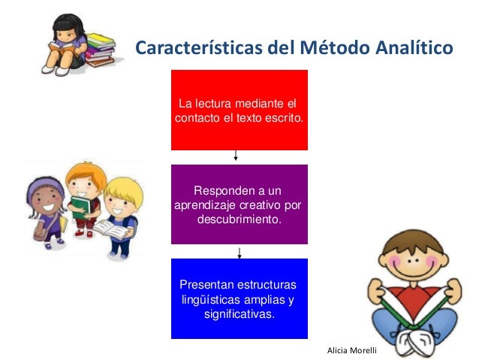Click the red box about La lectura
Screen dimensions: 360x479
pyautogui.click(x=239, y=110)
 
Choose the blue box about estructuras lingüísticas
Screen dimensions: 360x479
pyautogui.click(x=239, y=298)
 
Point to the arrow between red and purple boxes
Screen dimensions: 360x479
pyautogui.click(x=236, y=156)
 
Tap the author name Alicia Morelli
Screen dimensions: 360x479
pyautogui.click(x=351, y=351)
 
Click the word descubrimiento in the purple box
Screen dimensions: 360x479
pyautogui.click(x=239, y=219)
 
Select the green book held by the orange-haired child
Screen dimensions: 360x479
pyautogui.click(x=80, y=207)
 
